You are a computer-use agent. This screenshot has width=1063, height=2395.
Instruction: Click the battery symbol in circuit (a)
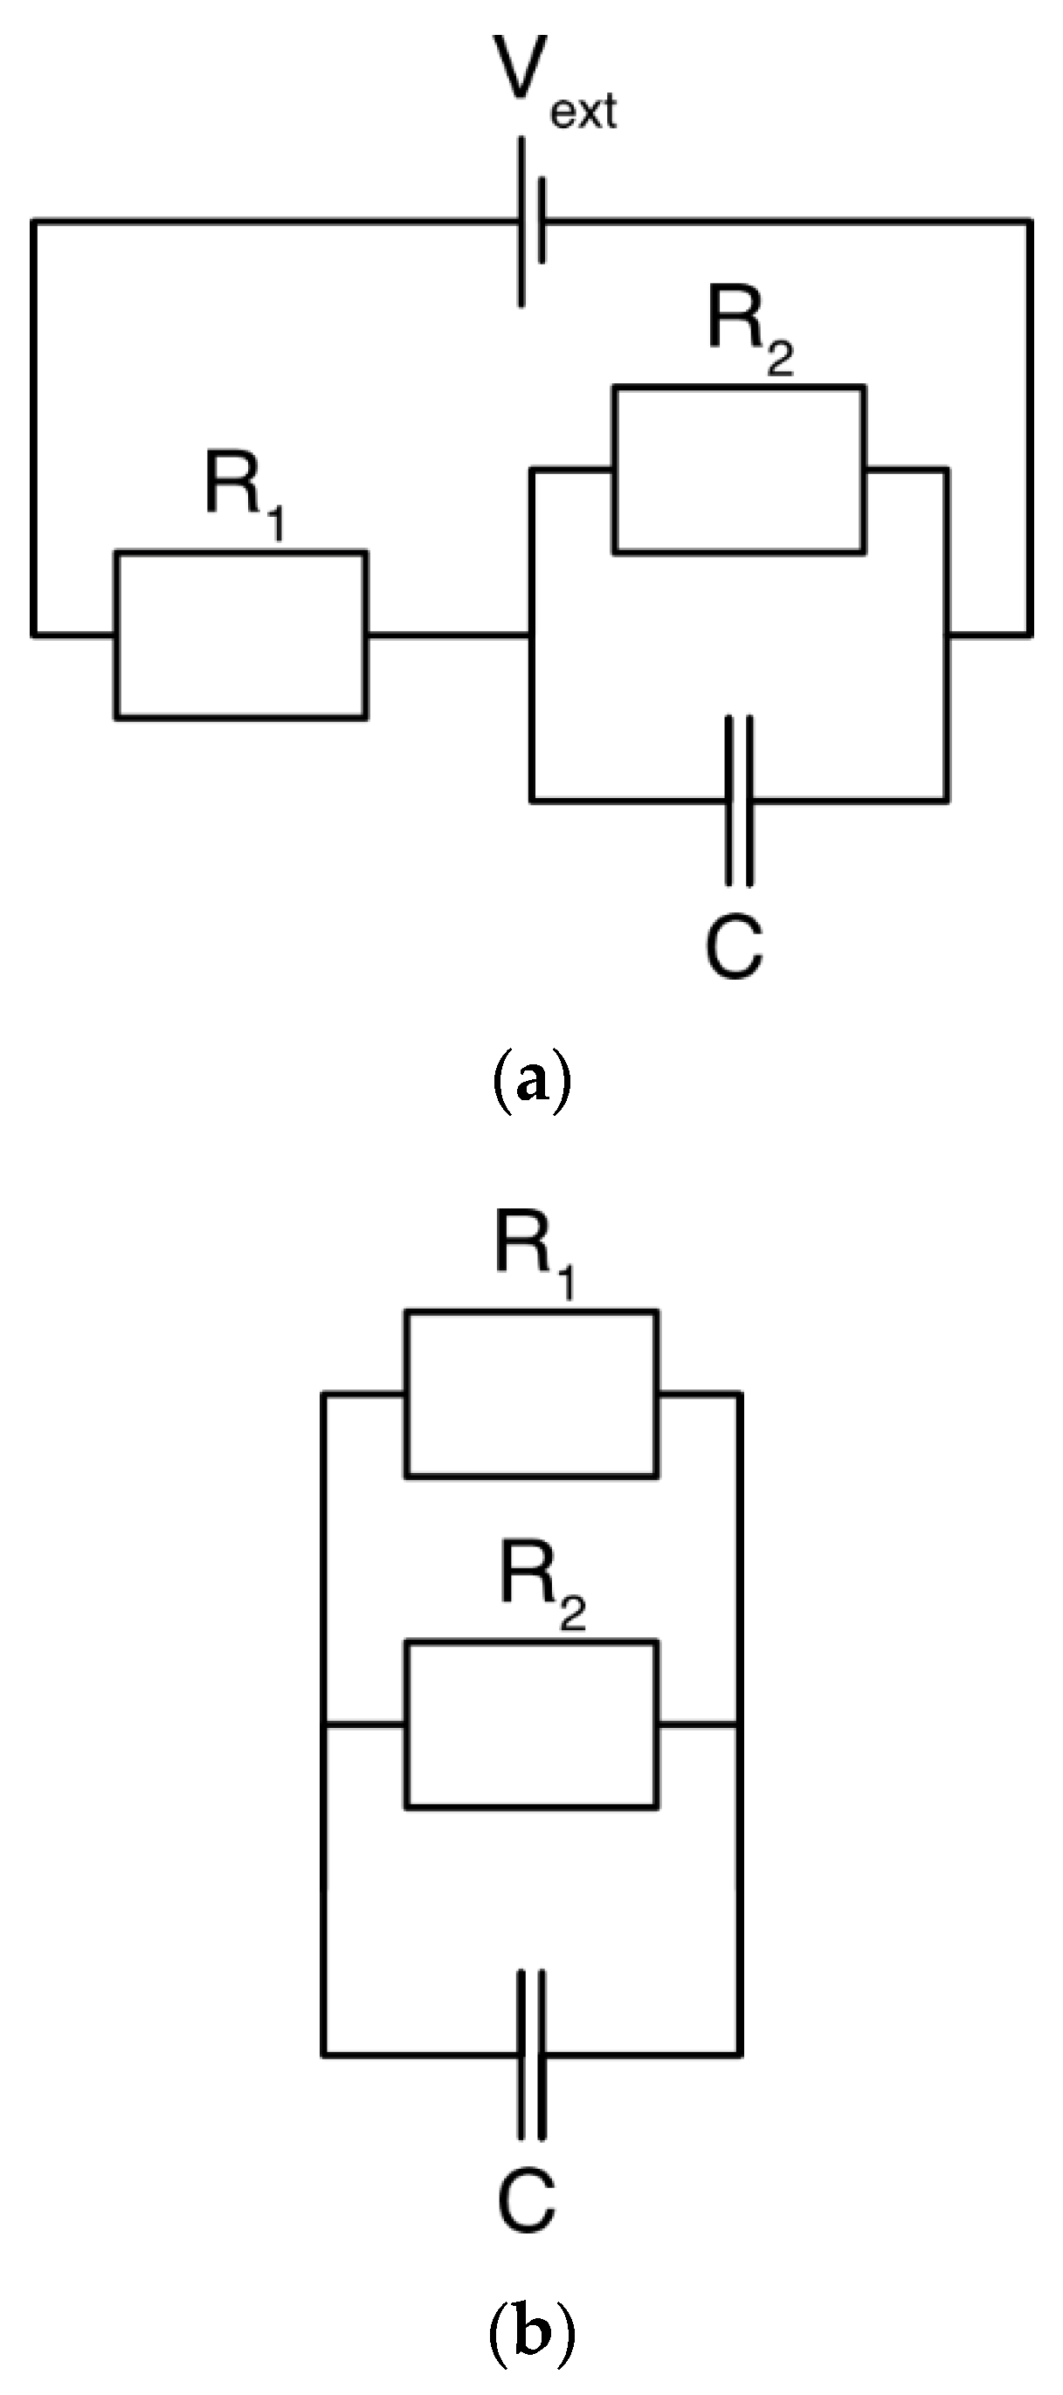tap(531, 222)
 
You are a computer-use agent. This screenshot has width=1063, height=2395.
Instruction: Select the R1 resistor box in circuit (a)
tap(241, 635)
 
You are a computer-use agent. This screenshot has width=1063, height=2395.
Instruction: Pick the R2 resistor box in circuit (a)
tap(738, 470)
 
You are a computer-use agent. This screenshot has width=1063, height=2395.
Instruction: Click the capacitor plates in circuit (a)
tap(738, 800)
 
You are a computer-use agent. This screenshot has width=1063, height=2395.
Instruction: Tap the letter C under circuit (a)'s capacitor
tap(734, 947)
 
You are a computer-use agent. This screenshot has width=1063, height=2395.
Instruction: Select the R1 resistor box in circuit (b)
tap(532, 1394)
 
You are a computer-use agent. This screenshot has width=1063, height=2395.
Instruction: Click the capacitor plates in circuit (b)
tap(531, 2054)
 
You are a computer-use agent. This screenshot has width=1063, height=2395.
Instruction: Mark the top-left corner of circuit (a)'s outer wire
tap(34, 222)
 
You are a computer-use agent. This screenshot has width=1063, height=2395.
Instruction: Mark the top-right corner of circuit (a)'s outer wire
tap(1030, 222)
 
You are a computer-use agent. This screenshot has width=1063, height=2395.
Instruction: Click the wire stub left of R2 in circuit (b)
tap(363, 1726)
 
